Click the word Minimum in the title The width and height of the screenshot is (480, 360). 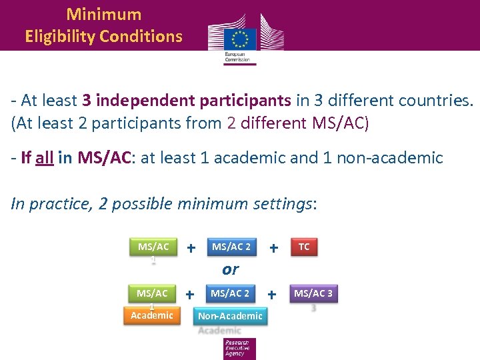point(104,14)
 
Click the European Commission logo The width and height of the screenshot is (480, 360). point(245,39)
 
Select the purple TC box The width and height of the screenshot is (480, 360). point(304,247)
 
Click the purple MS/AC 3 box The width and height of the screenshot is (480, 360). point(313,293)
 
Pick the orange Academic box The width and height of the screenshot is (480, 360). point(152,315)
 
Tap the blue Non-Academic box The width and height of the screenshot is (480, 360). point(231,316)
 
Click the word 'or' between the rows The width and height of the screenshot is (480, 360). point(230,269)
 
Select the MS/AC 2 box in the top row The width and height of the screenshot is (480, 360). point(231,247)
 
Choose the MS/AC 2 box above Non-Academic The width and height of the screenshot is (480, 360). point(231,293)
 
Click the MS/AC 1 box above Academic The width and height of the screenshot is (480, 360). point(152,294)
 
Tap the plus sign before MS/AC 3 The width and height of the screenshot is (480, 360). point(272,294)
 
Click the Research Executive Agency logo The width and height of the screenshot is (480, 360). point(239,349)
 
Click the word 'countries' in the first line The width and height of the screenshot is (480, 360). point(434,100)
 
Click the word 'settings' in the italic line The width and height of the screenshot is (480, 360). point(278,203)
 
